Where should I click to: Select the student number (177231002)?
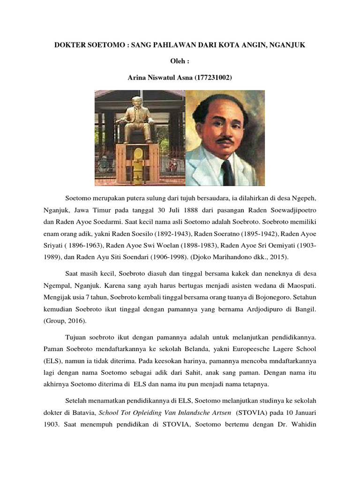211,77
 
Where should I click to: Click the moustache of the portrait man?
224,139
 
